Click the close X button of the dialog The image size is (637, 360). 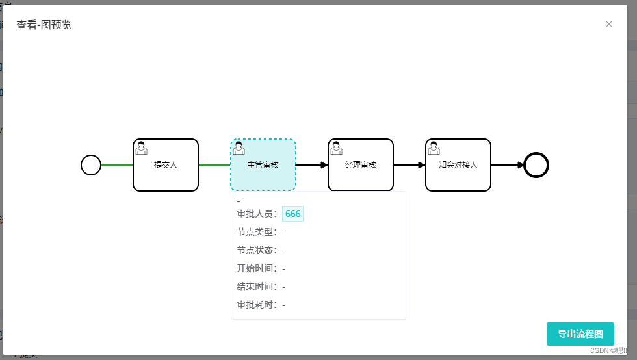pyautogui.click(x=609, y=24)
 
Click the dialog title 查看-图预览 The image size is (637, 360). pyautogui.click(x=44, y=25)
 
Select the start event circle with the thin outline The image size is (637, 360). pyautogui.click(x=91, y=165)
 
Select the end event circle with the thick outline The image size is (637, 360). pyautogui.click(x=536, y=165)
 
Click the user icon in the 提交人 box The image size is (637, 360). pyautogui.click(x=141, y=148)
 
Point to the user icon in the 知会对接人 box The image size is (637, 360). pyautogui.click(x=434, y=148)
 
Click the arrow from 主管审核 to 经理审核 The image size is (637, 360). pyautogui.click(x=312, y=165)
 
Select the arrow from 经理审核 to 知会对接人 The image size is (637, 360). pyautogui.click(x=409, y=165)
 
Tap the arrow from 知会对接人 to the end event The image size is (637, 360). pyautogui.click(x=507, y=165)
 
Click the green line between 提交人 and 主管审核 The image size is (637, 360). pyautogui.click(x=214, y=165)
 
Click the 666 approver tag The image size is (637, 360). pyautogui.click(x=292, y=214)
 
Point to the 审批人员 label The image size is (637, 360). pyautogui.click(x=257, y=214)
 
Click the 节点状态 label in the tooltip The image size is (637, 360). pyautogui.click(x=257, y=250)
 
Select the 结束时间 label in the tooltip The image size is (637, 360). pyautogui.click(x=257, y=287)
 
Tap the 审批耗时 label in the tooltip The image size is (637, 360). pyautogui.click(x=257, y=305)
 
